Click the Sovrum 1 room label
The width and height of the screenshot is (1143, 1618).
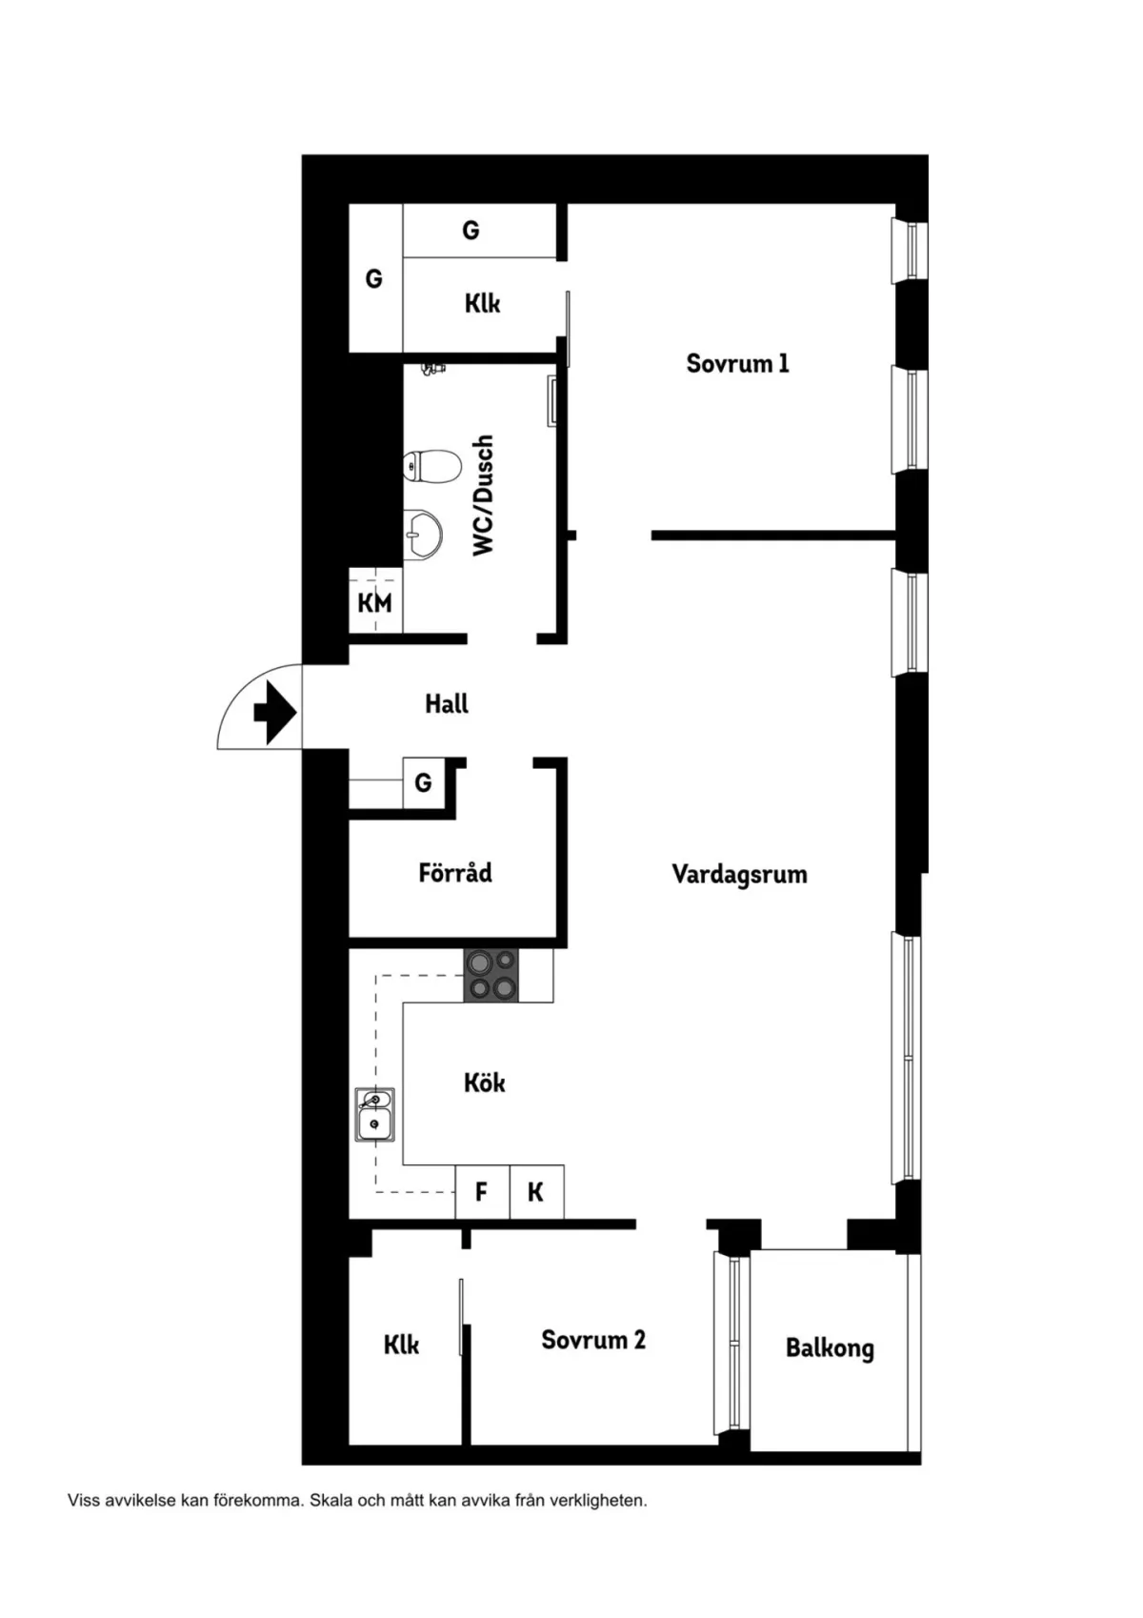click(737, 363)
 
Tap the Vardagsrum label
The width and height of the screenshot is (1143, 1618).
click(739, 873)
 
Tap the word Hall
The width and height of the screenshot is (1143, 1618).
click(446, 703)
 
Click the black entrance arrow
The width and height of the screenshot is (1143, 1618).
click(275, 712)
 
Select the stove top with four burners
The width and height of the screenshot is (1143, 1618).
click(491, 976)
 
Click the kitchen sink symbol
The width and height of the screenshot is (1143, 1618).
click(374, 1115)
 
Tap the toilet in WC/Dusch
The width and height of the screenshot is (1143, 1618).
click(431, 466)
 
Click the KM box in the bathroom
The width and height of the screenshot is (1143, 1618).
click(375, 601)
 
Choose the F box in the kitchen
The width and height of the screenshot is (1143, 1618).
click(482, 1192)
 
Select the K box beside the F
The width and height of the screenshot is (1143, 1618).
click(536, 1192)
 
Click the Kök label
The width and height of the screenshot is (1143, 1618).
click(485, 1082)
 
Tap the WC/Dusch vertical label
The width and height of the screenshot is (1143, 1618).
click(483, 496)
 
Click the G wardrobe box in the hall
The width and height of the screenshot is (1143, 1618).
click(424, 782)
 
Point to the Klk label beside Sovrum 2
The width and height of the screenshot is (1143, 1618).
click(401, 1345)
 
